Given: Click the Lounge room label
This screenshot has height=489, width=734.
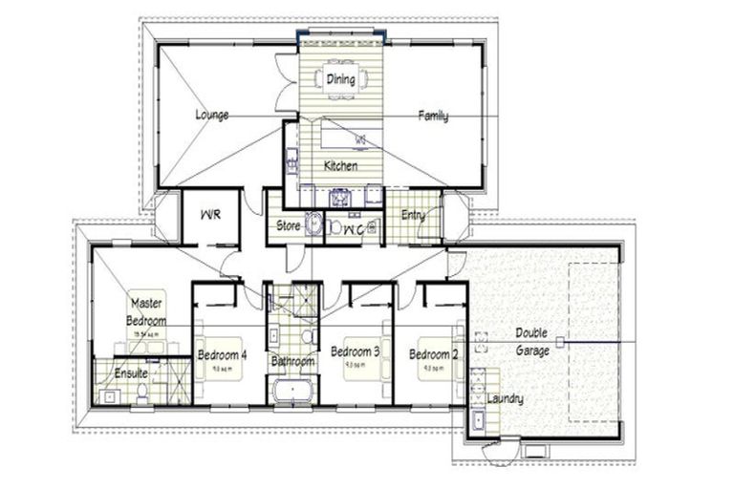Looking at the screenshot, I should click(x=212, y=116).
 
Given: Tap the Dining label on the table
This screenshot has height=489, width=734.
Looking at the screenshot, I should click(x=341, y=79).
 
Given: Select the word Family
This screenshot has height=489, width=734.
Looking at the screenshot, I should click(x=433, y=117).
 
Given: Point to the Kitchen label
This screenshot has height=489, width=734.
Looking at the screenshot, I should click(x=340, y=166).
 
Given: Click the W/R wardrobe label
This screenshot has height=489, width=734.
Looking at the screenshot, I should click(x=211, y=215).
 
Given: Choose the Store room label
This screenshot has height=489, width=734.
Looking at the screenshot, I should click(x=289, y=226).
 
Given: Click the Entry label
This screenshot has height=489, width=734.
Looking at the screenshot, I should click(x=413, y=215).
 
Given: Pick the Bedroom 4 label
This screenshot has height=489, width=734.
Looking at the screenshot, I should click(x=223, y=354).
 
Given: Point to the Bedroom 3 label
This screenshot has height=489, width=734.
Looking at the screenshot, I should click(x=356, y=352).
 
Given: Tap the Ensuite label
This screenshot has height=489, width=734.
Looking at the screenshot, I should click(x=131, y=373).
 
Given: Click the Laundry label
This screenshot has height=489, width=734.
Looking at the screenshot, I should click(x=504, y=398).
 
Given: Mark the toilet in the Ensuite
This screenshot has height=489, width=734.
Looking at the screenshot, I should click(x=141, y=393).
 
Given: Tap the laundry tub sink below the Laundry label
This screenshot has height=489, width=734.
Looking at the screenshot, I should click(x=477, y=420).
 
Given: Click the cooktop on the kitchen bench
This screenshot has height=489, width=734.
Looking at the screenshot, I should click(x=339, y=197).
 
